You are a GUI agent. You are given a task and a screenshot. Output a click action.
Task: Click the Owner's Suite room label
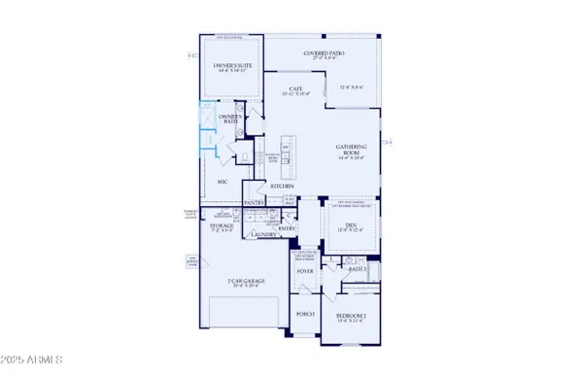pyautogui.click(x=232, y=65)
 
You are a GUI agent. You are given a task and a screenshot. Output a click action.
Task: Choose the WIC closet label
pyautogui.click(x=223, y=181)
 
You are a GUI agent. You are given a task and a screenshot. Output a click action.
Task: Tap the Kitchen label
pyautogui.click(x=269, y=186)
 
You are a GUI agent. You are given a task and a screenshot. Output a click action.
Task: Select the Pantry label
pyautogui.click(x=255, y=203)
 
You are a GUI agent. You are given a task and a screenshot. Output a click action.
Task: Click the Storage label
pyautogui.click(x=222, y=225)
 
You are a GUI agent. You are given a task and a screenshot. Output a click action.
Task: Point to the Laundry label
pyautogui.click(x=263, y=234)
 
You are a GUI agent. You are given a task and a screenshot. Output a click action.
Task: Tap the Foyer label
pyautogui.click(x=304, y=273)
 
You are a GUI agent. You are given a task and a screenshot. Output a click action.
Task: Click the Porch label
pyautogui.click(x=304, y=313)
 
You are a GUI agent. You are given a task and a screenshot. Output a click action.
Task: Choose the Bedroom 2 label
pyautogui.click(x=351, y=317)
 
